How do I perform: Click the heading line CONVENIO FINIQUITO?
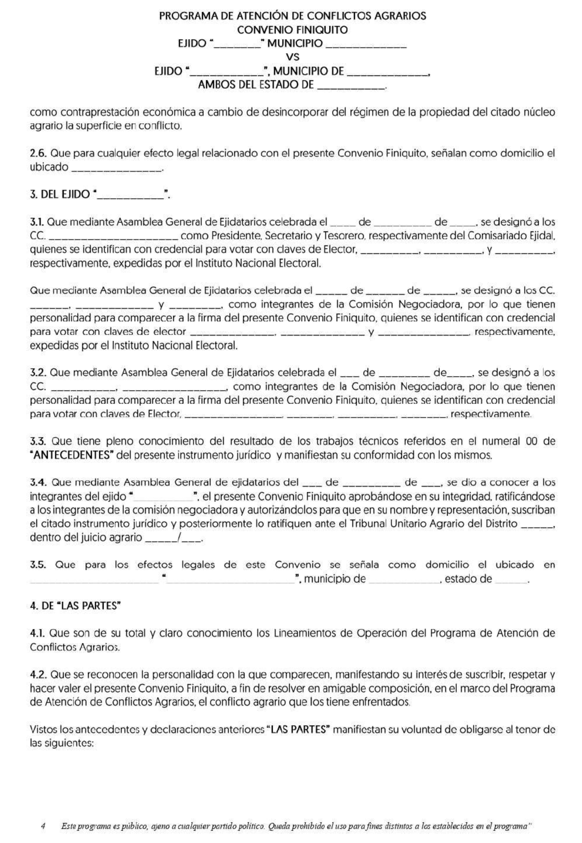point(292,30)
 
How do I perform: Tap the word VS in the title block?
point(292,57)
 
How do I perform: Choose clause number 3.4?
point(38,483)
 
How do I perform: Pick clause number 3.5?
point(38,565)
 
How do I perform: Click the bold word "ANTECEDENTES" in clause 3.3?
point(72,455)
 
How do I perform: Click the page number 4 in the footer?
point(43,826)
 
